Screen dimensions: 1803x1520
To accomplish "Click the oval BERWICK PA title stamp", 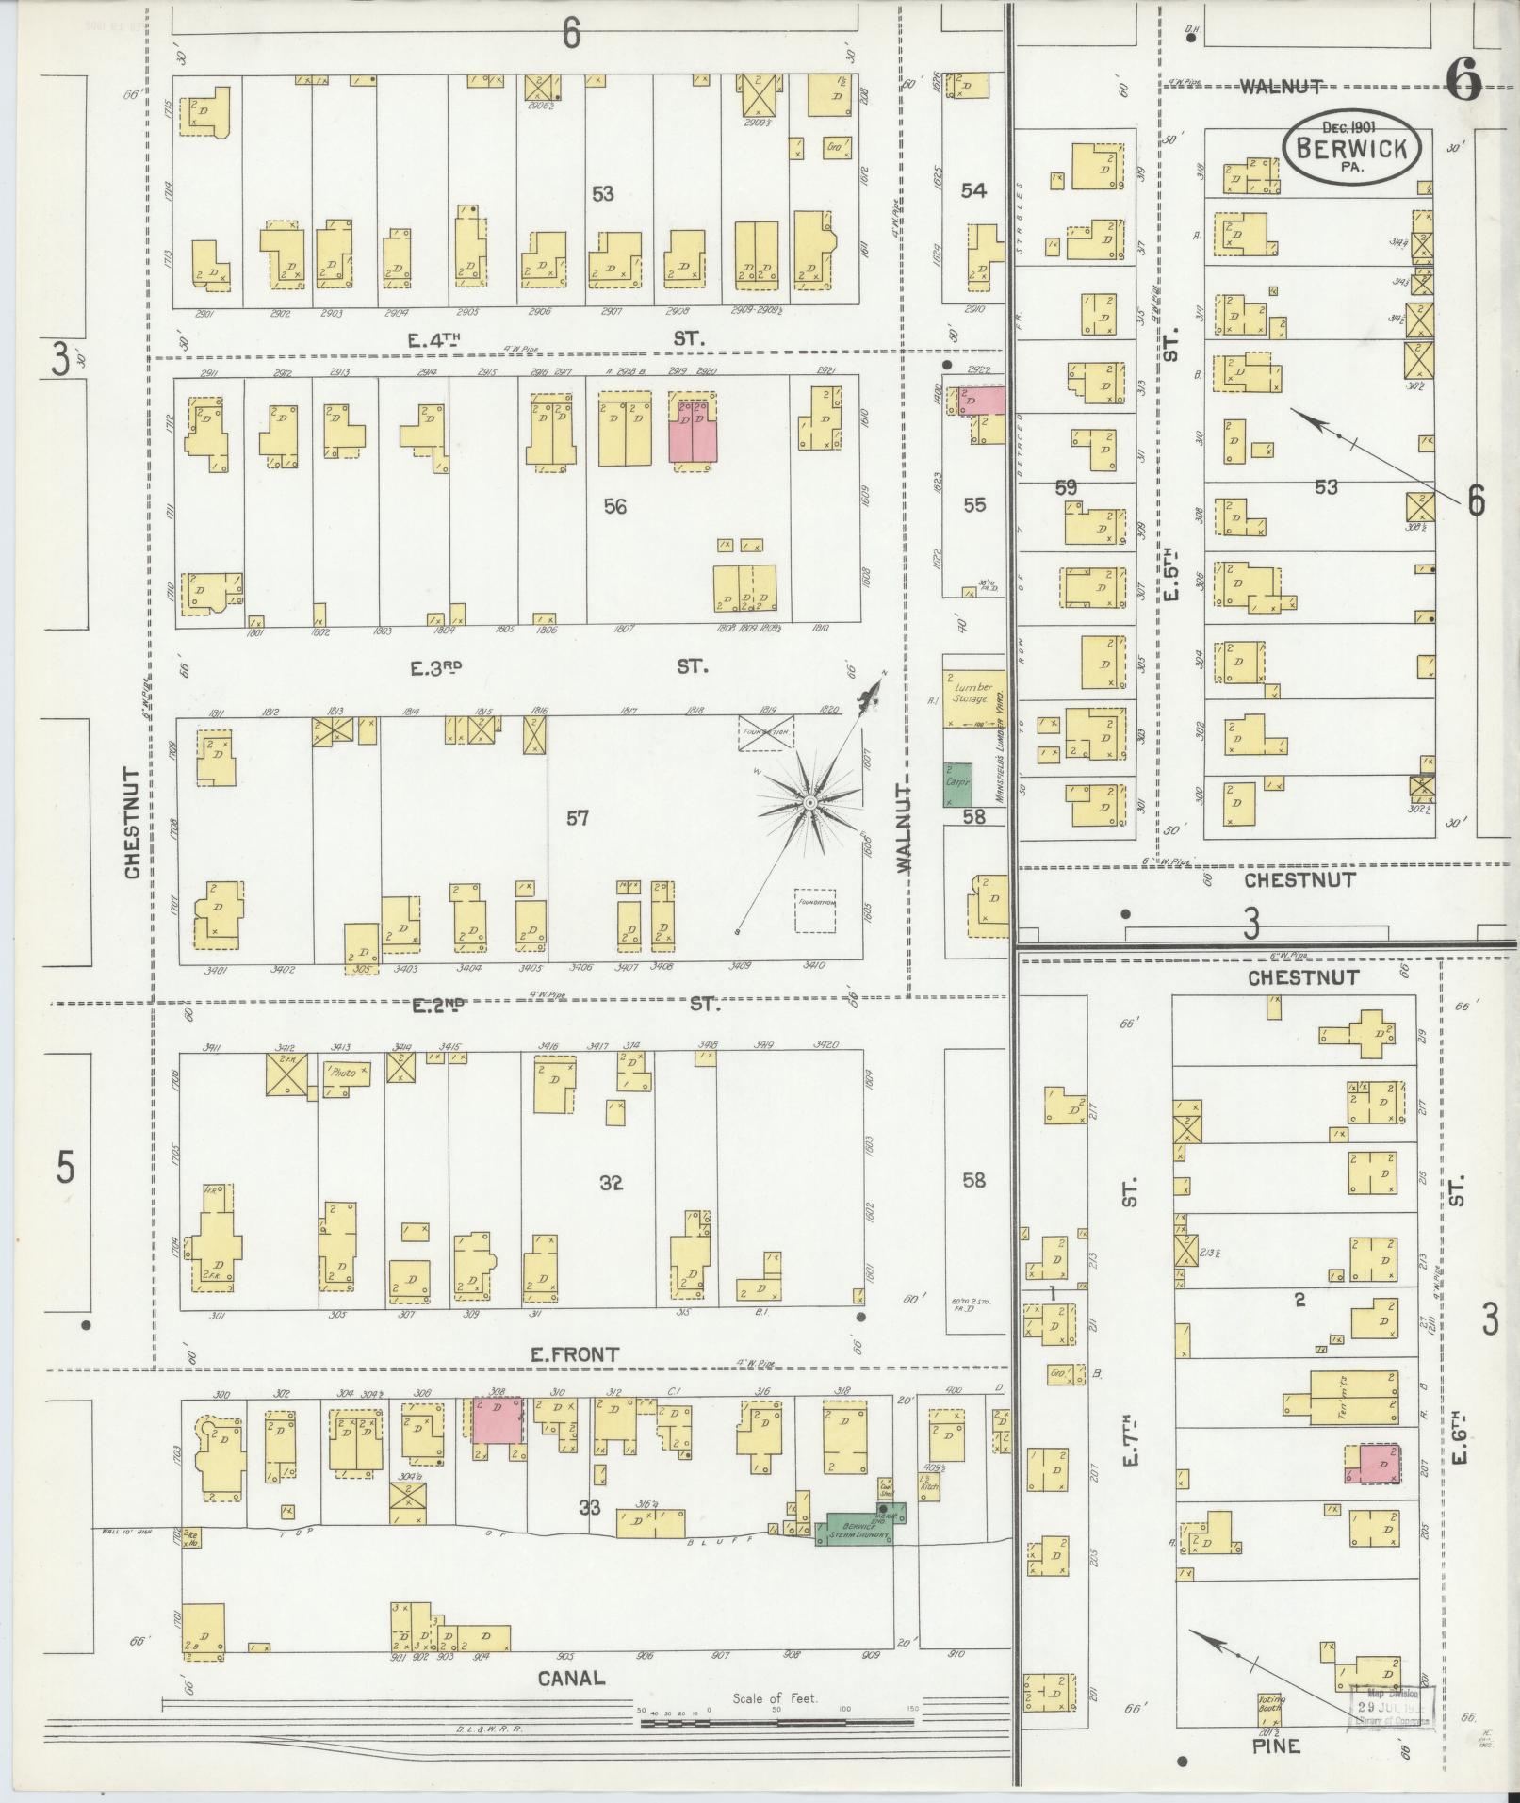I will point(1350,148).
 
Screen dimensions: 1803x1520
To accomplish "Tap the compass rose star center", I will point(809,802).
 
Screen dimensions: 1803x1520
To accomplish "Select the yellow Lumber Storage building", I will point(974,697).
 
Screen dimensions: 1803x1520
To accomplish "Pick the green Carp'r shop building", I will point(958,784).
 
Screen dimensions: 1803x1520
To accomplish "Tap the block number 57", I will point(577,818).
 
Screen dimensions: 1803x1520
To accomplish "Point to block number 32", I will point(611,1183).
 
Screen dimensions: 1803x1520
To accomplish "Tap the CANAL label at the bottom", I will point(571,1678).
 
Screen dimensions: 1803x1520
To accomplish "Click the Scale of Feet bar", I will point(776,1722).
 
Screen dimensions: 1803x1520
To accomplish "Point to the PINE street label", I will point(1276,1746).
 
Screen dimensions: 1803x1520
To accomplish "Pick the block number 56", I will point(614,506).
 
